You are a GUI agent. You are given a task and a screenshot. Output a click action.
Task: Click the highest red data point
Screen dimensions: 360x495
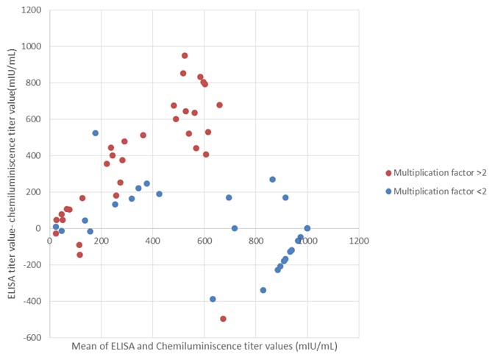[185, 55]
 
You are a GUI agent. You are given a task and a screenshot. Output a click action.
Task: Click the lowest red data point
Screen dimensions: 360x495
[223, 319]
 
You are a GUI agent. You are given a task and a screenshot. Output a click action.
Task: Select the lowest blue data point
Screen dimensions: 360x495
[213, 299]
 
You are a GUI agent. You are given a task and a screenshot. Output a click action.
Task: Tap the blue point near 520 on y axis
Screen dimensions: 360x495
[96, 133]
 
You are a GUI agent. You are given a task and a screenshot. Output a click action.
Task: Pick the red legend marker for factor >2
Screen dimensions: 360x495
[389, 173]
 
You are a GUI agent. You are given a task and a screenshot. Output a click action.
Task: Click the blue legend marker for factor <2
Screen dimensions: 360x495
[389, 191]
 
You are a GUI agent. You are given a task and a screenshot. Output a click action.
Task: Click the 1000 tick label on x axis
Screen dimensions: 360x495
[307, 240]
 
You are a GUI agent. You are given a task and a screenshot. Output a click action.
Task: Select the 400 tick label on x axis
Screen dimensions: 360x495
[152, 240]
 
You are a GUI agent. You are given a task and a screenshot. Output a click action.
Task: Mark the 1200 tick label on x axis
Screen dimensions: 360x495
[359, 240]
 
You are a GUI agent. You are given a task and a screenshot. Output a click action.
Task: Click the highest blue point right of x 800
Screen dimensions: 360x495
[272, 179]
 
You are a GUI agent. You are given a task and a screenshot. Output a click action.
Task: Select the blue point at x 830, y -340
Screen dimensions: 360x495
[263, 290]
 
